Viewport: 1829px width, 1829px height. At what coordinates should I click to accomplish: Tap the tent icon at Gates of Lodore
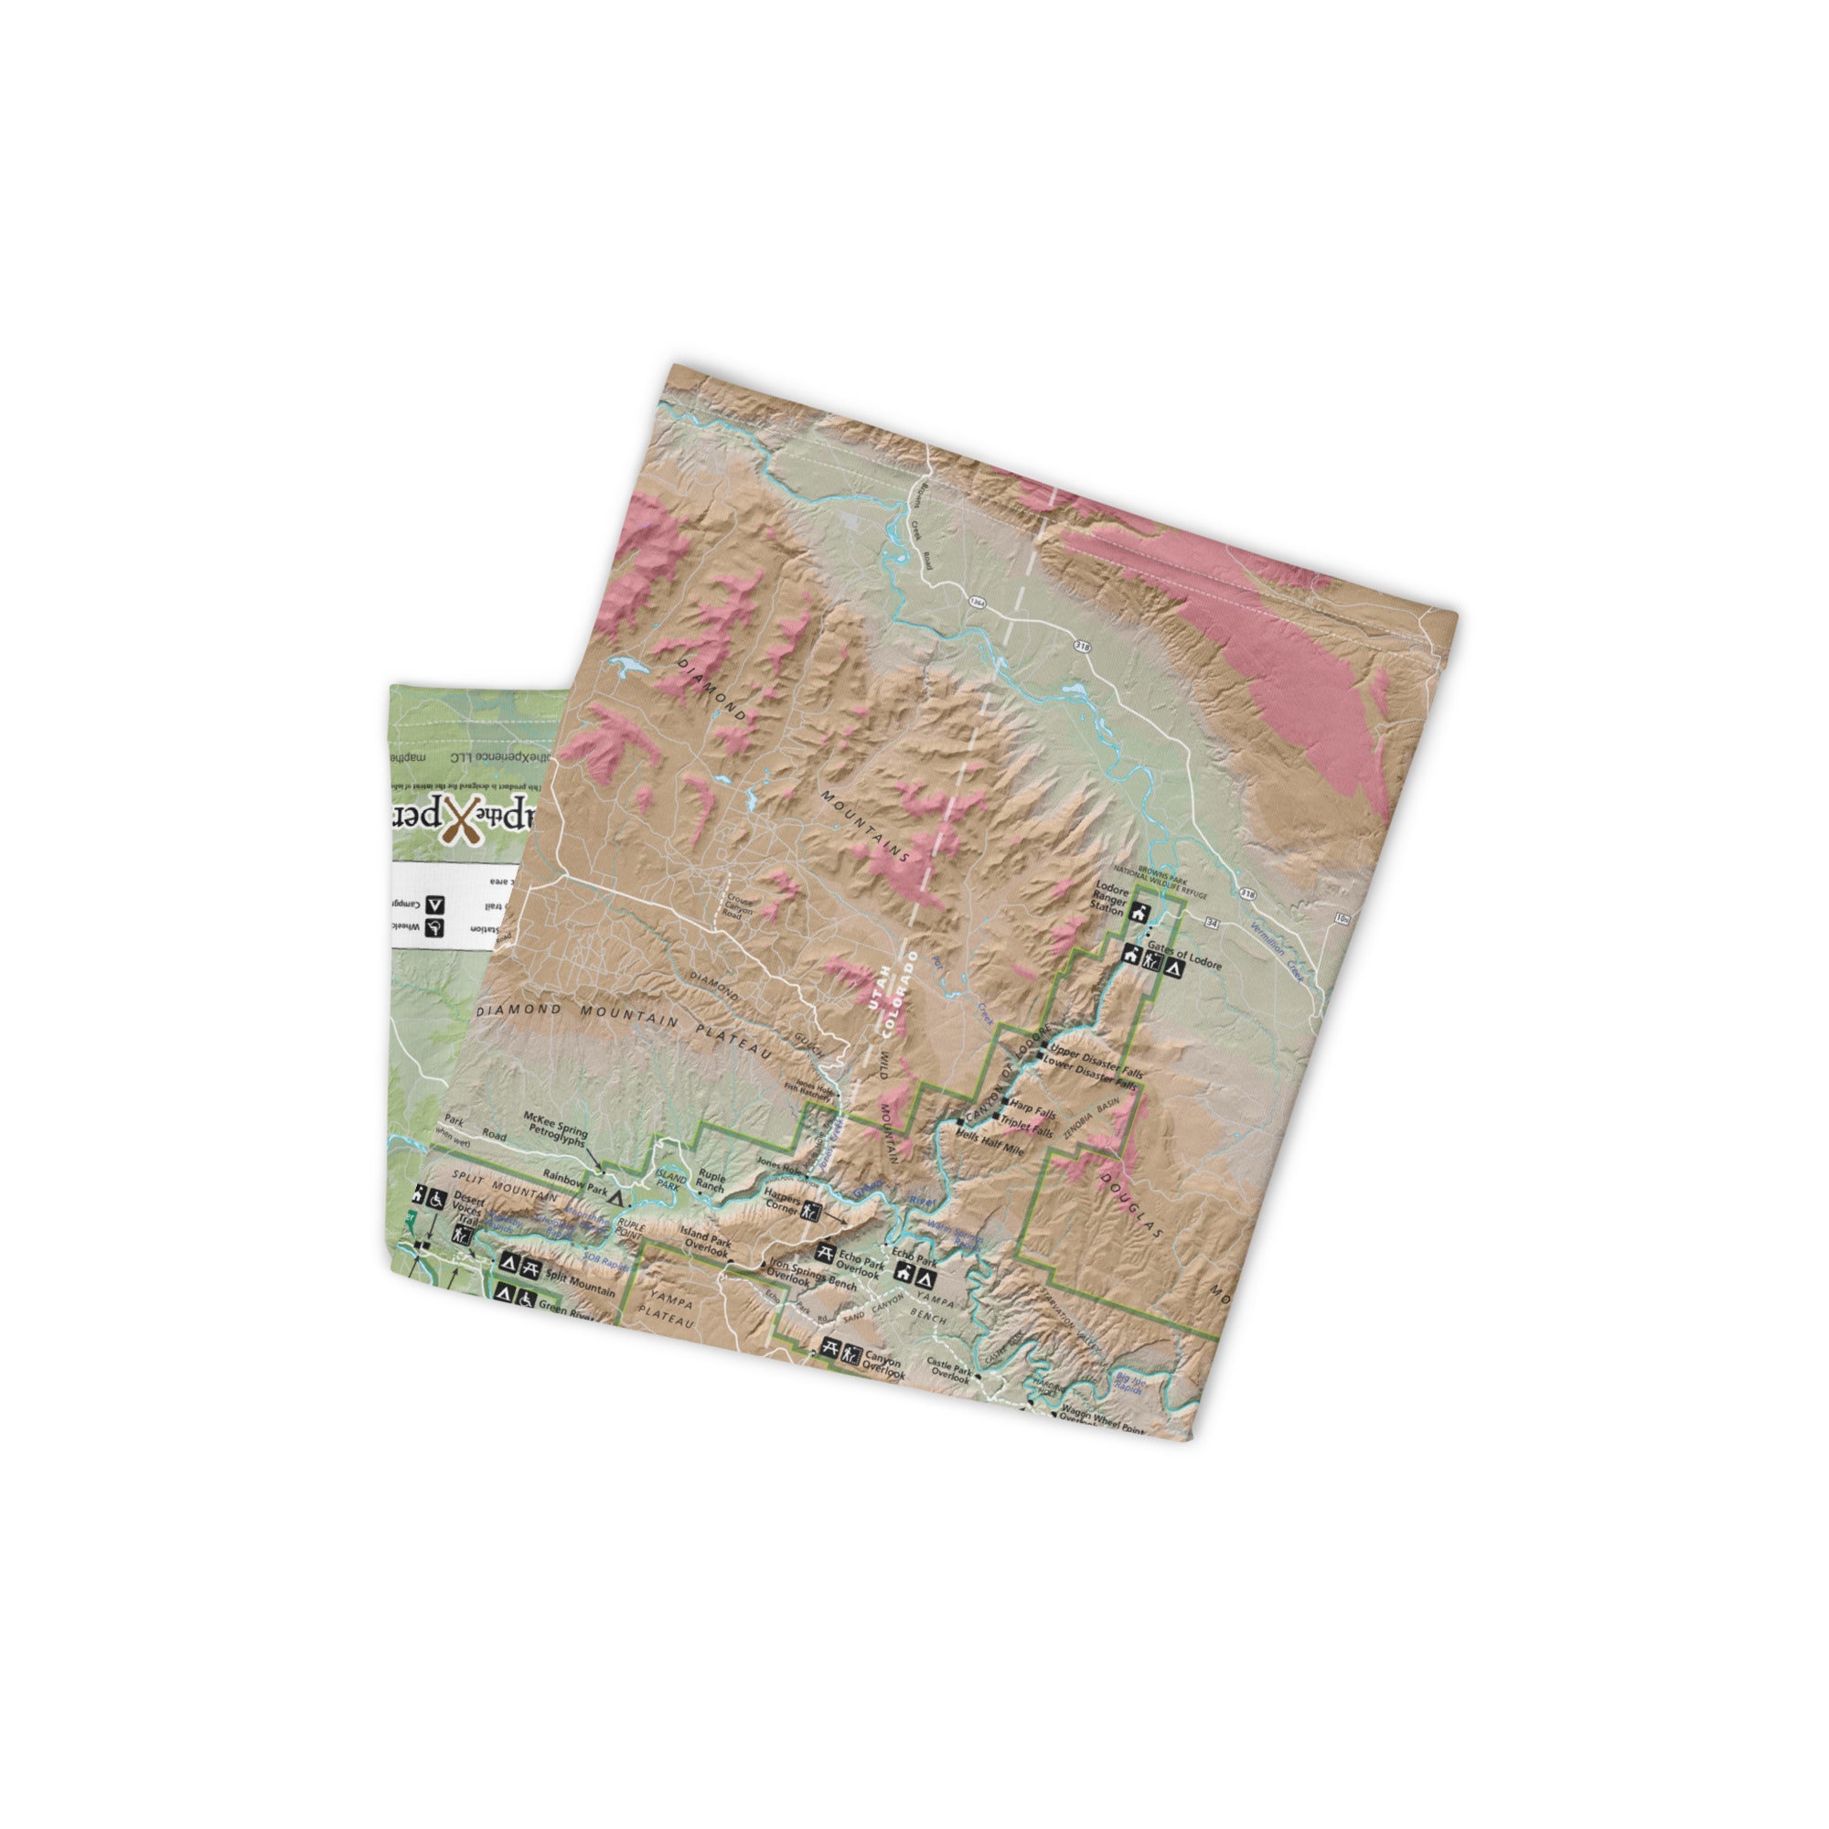(x=1174, y=968)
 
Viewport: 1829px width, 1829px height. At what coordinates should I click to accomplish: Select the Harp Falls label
(x=1032, y=1108)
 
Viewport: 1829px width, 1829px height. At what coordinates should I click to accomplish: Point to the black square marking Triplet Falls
(x=995, y=1119)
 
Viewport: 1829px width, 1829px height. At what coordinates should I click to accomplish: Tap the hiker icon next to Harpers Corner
(x=810, y=1210)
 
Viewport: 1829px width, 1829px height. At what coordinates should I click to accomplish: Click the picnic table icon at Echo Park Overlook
(x=825, y=1254)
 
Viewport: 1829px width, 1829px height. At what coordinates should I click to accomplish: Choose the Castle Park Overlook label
(x=949, y=1369)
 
